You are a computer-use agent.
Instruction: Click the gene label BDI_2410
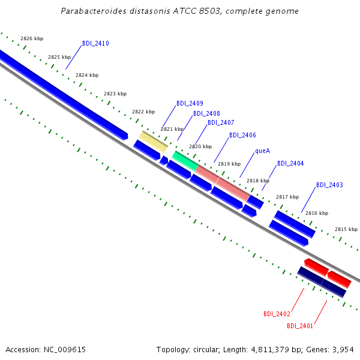(95, 43)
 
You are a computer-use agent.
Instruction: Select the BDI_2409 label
(190, 103)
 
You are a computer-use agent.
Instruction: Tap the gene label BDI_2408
(206, 113)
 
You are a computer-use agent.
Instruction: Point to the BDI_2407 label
(221, 122)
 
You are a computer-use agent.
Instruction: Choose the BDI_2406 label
(242, 135)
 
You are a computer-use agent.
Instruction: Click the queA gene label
(263, 151)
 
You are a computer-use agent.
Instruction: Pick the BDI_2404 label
(290, 163)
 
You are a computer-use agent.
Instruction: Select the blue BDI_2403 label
(329, 185)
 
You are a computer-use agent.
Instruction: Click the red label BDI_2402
(277, 314)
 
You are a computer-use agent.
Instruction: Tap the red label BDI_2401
(300, 326)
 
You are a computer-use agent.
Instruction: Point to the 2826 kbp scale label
(32, 38)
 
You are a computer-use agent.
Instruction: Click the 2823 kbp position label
(115, 94)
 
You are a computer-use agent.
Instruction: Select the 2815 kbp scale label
(346, 229)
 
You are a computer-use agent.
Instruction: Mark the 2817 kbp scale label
(287, 197)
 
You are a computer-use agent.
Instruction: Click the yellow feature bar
(154, 142)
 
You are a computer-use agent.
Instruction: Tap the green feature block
(185, 161)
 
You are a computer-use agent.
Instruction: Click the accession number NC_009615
(65, 350)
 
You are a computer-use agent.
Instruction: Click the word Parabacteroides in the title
(94, 11)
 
